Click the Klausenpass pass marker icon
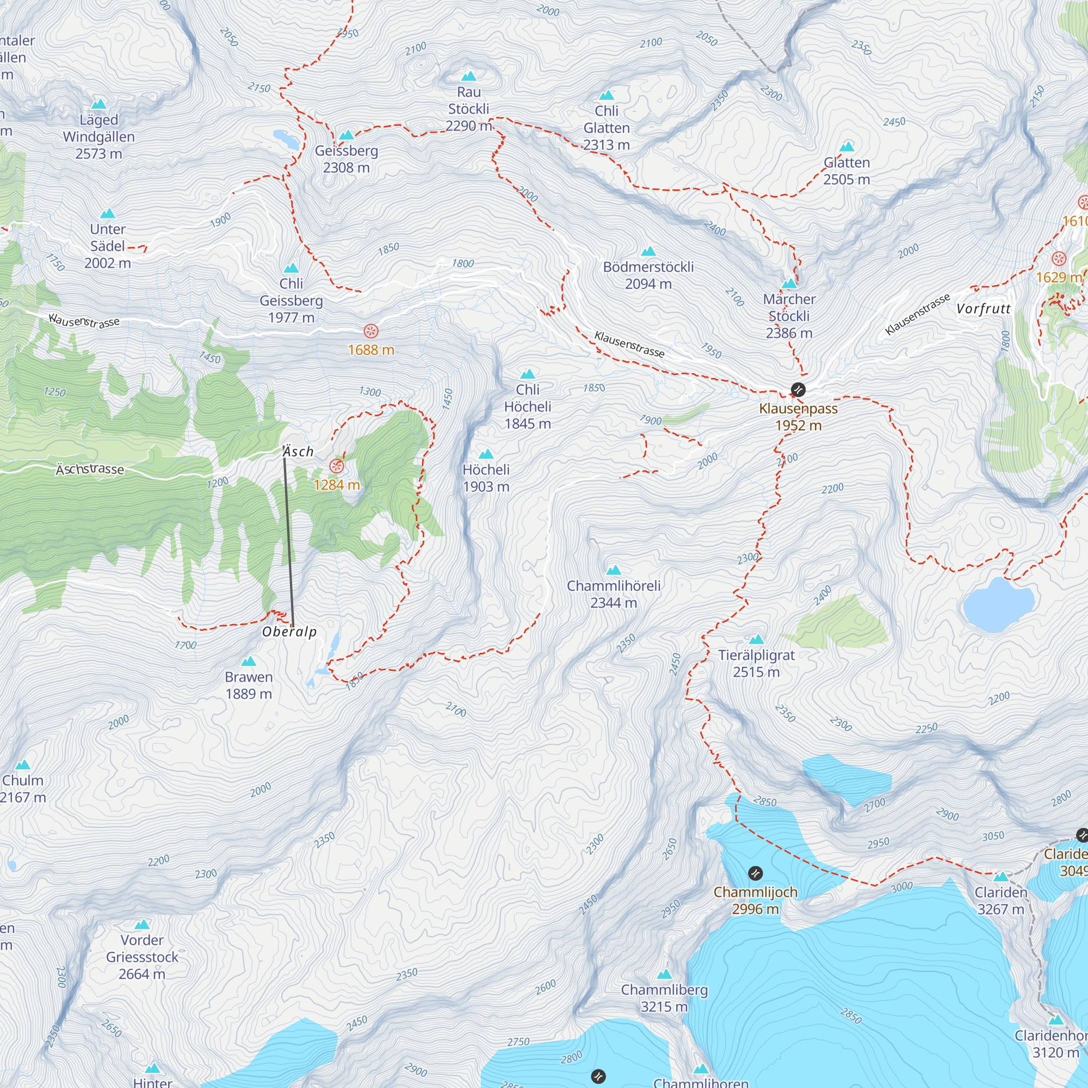(x=798, y=389)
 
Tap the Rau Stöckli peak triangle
(x=468, y=77)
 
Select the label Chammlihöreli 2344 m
(x=613, y=594)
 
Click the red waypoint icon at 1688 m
(x=370, y=331)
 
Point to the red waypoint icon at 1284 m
(x=336, y=466)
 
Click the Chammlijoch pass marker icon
(x=755, y=874)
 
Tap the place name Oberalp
(x=289, y=632)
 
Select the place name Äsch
(x=298, y=452)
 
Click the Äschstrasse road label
(x=90, y=469)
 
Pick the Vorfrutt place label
(x=983, y=308)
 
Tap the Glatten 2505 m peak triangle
(x=846, y=147)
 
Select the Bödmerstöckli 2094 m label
(x=648, y=275)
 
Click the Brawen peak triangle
(x=249, y=661)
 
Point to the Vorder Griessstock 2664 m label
(x=142, y=957)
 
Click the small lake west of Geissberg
(x=286, y=139)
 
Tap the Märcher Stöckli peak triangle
(x=789, y=283)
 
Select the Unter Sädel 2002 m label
(x=108, y=246)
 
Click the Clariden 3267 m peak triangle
(x=1001, y=877)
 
